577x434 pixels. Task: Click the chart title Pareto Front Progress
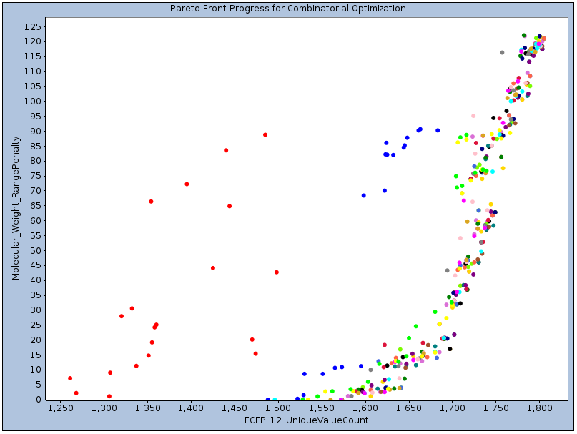(x=288, y=9)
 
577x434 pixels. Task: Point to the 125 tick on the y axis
(x=34, y=26)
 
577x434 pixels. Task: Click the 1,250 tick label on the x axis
(x=61, y=408)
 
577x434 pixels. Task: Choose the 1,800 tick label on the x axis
(x=538, y=408)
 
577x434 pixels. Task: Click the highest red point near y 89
(x=265, y=134)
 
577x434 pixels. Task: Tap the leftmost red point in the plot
(x=70, y=378)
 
